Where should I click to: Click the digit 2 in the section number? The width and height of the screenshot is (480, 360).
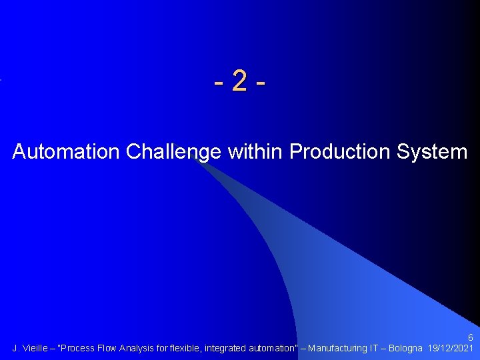click(240, 83)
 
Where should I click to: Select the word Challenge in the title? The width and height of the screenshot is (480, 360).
click(173, 152)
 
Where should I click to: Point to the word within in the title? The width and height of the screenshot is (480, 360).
click(255, 152)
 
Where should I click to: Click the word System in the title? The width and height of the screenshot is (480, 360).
click(433, 152)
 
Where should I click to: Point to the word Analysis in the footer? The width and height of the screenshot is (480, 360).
click(141, 349)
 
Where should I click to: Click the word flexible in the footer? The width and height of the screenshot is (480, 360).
click(185, 349)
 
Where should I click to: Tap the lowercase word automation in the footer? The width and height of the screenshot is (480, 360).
click(273, 349)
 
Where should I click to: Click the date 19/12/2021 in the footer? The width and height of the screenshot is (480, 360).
click(451, 349)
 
